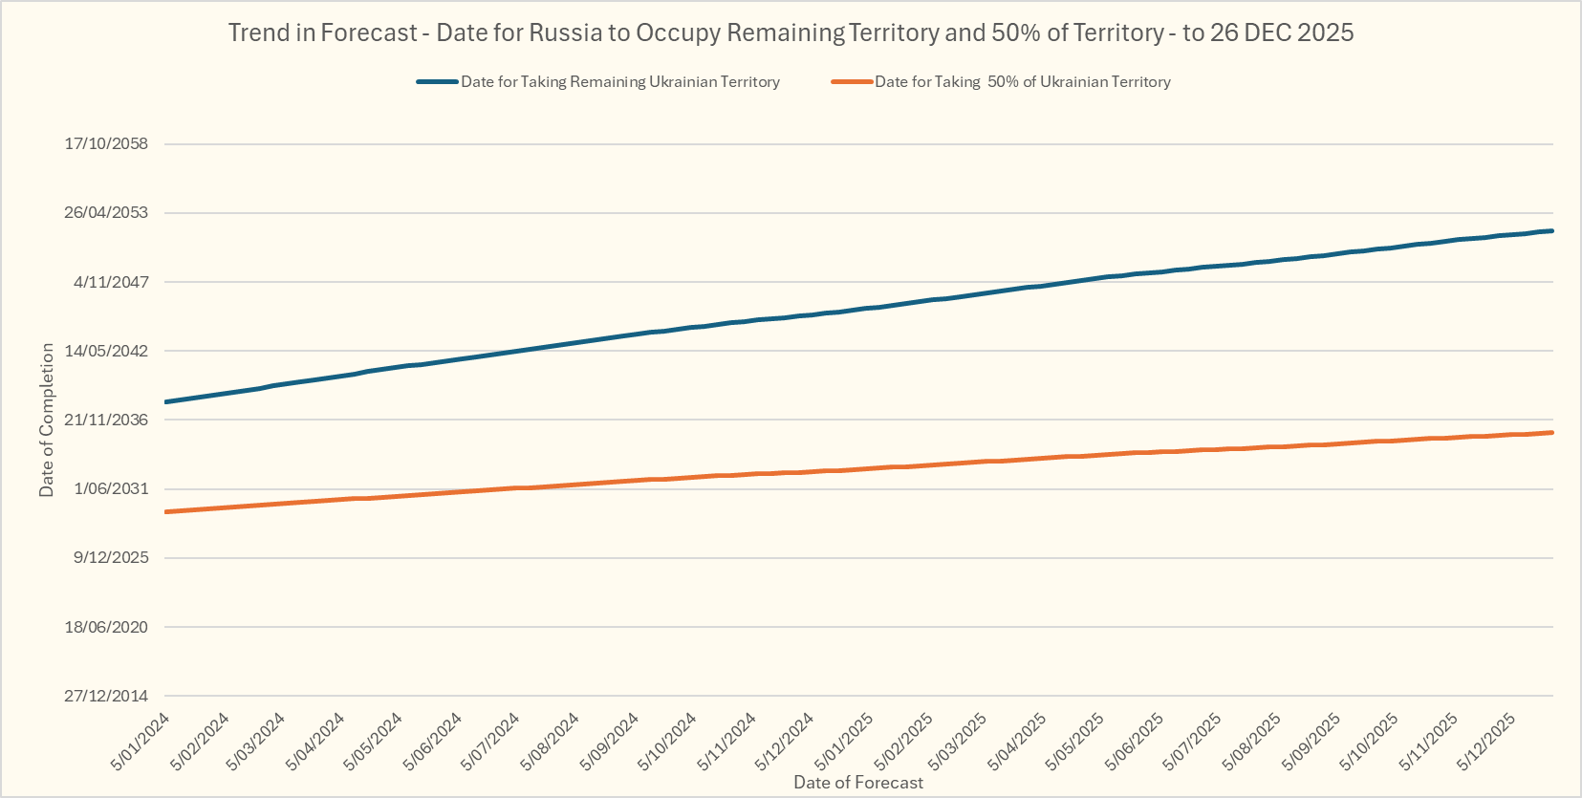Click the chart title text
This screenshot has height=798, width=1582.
click(791, 32)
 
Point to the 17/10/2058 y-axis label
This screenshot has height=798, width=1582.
click(106, 144)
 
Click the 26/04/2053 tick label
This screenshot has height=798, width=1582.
click(106, 212)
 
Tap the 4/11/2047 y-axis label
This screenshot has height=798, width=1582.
click(111, 282)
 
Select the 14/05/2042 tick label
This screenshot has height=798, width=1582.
click(106, 351)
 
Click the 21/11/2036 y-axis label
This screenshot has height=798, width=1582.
click(106, 420)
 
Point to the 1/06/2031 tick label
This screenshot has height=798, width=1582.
click(111, 488)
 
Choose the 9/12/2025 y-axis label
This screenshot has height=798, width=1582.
click(111, 557)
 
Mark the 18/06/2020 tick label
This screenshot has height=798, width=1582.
click(106, 627)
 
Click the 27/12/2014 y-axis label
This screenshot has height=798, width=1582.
click(106, 696)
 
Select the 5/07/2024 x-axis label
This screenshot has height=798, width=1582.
click(491, 742)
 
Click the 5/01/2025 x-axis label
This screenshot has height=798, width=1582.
click(844, 742)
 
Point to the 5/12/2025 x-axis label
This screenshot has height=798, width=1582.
click(1487, 742)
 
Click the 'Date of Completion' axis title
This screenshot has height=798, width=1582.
click(47, 420)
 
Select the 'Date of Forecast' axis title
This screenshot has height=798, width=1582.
click(858, 783)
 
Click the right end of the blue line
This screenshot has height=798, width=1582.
click(1551, 231)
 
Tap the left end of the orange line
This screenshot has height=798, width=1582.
click(166, 512)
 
